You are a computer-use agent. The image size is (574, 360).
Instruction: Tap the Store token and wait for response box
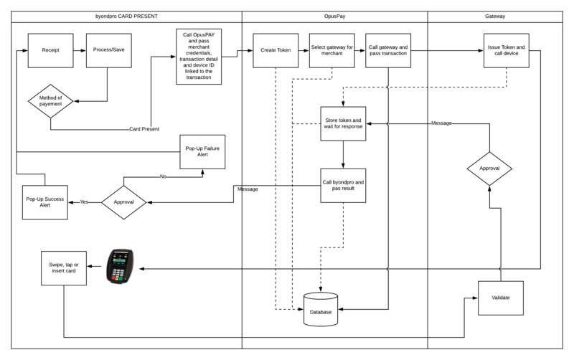[344, 123]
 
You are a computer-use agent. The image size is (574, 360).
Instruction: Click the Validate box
[501, 298]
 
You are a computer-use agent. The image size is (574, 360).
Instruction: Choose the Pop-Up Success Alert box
[45, 202]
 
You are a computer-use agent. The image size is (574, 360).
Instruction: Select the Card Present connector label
[143, 130]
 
